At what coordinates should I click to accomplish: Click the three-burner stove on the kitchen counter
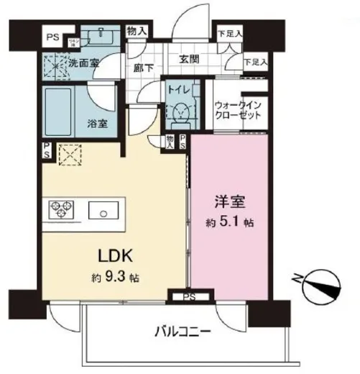[60, 210]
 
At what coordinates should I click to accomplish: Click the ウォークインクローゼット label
[239, 110]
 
